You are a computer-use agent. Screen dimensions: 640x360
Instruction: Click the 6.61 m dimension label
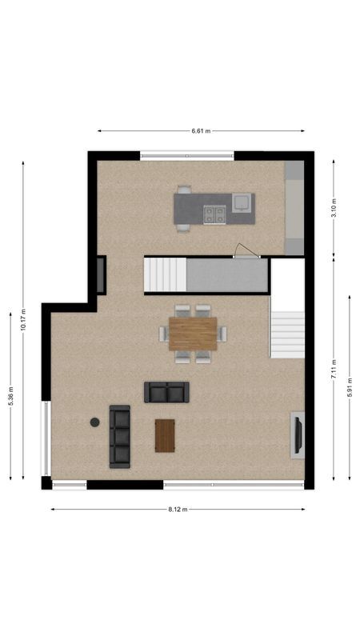pyautogui.click(x=201, y=130)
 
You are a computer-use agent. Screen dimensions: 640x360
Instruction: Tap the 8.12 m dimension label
pyautogui.click(x=178, y=509)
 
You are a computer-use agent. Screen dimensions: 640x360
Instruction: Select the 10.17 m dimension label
pyautogui.click(x=23, y=320)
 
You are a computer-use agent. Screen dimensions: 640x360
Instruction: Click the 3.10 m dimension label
pyautogui.click(x=334, y=206)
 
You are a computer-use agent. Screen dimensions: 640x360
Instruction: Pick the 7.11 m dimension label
pyautogui.click(x=334, y=370)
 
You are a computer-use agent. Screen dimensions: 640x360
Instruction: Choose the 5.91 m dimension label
pyautogui.click(x=350, y=387)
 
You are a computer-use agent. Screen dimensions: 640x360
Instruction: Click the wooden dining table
pyautogui.click(x=193, y=333)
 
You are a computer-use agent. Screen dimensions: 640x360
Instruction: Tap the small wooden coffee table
pyautogui.click(x=165, y=436)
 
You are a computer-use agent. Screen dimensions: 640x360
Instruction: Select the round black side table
pyautogui.click(x=94, y=422)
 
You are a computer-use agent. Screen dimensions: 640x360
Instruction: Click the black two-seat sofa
pyautogui.click(x=166, y=392)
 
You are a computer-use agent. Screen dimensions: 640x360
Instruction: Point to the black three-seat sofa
pyautogui.click(x=119, y=436)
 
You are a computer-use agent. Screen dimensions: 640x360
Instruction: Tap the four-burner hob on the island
pyautogui.click(x=214, y=214)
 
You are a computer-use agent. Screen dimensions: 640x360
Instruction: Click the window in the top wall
pyautogui.click(x=187, y=155)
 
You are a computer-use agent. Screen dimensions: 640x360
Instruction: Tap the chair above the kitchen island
pyautogui.click(x=184, y=190)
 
